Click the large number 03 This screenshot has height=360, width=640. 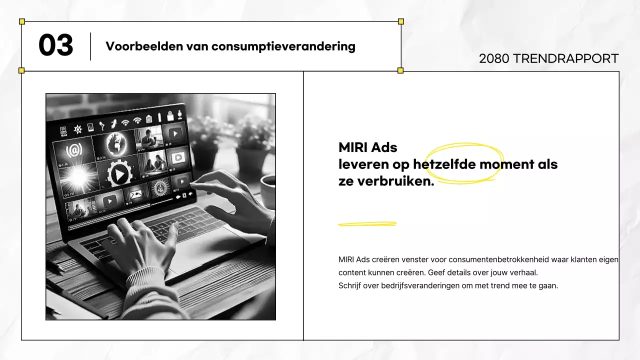point(55,46)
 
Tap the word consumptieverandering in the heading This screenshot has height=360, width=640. point(283,46)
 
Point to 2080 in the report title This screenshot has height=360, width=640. point(494,58)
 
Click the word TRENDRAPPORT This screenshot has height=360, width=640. point(565,58)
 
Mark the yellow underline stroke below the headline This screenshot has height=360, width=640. point(367,224)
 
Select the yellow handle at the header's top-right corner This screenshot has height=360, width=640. point(400,21)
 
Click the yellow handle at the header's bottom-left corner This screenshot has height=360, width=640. point(21,70)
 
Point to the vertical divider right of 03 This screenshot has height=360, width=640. point(90,46)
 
